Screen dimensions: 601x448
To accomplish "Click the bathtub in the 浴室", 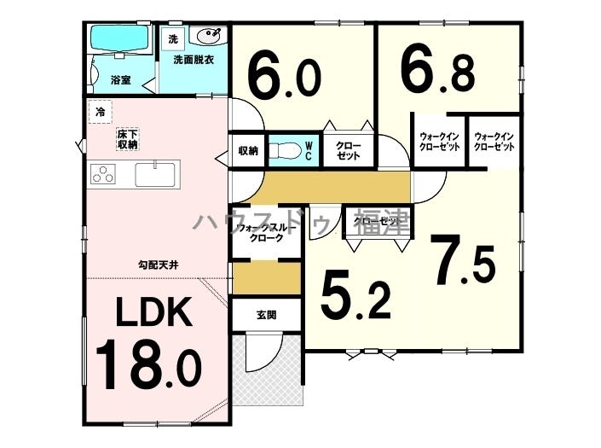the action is [119, 39].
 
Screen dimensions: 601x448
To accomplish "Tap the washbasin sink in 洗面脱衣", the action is [209, 36].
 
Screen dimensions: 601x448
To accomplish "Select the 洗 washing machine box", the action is [173, 38].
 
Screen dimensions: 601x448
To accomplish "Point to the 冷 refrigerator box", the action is [101, 112].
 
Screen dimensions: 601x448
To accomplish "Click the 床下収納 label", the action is [128, 139].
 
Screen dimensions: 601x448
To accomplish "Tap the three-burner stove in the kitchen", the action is [103, 173].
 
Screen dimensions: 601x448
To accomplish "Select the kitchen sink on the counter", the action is [155, 175].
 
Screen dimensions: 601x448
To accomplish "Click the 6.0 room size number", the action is [284, 78].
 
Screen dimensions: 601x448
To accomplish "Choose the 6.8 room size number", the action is [437, 73].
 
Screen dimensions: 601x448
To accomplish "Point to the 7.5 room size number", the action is [463, 260].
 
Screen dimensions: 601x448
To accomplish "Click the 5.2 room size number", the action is [355, 294].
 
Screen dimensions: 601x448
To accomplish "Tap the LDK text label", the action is [154, 311].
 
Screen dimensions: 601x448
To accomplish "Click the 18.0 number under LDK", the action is [148, 364].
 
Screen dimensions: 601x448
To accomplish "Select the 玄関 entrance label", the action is [266, 315].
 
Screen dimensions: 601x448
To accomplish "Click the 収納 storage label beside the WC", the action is [248, 151].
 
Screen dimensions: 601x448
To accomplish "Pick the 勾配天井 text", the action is [159, 265].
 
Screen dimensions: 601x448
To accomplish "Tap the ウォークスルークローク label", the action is [267, 233].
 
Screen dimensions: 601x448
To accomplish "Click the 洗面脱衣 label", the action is [194, 60].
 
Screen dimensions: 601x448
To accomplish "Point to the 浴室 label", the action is [121, 80].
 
